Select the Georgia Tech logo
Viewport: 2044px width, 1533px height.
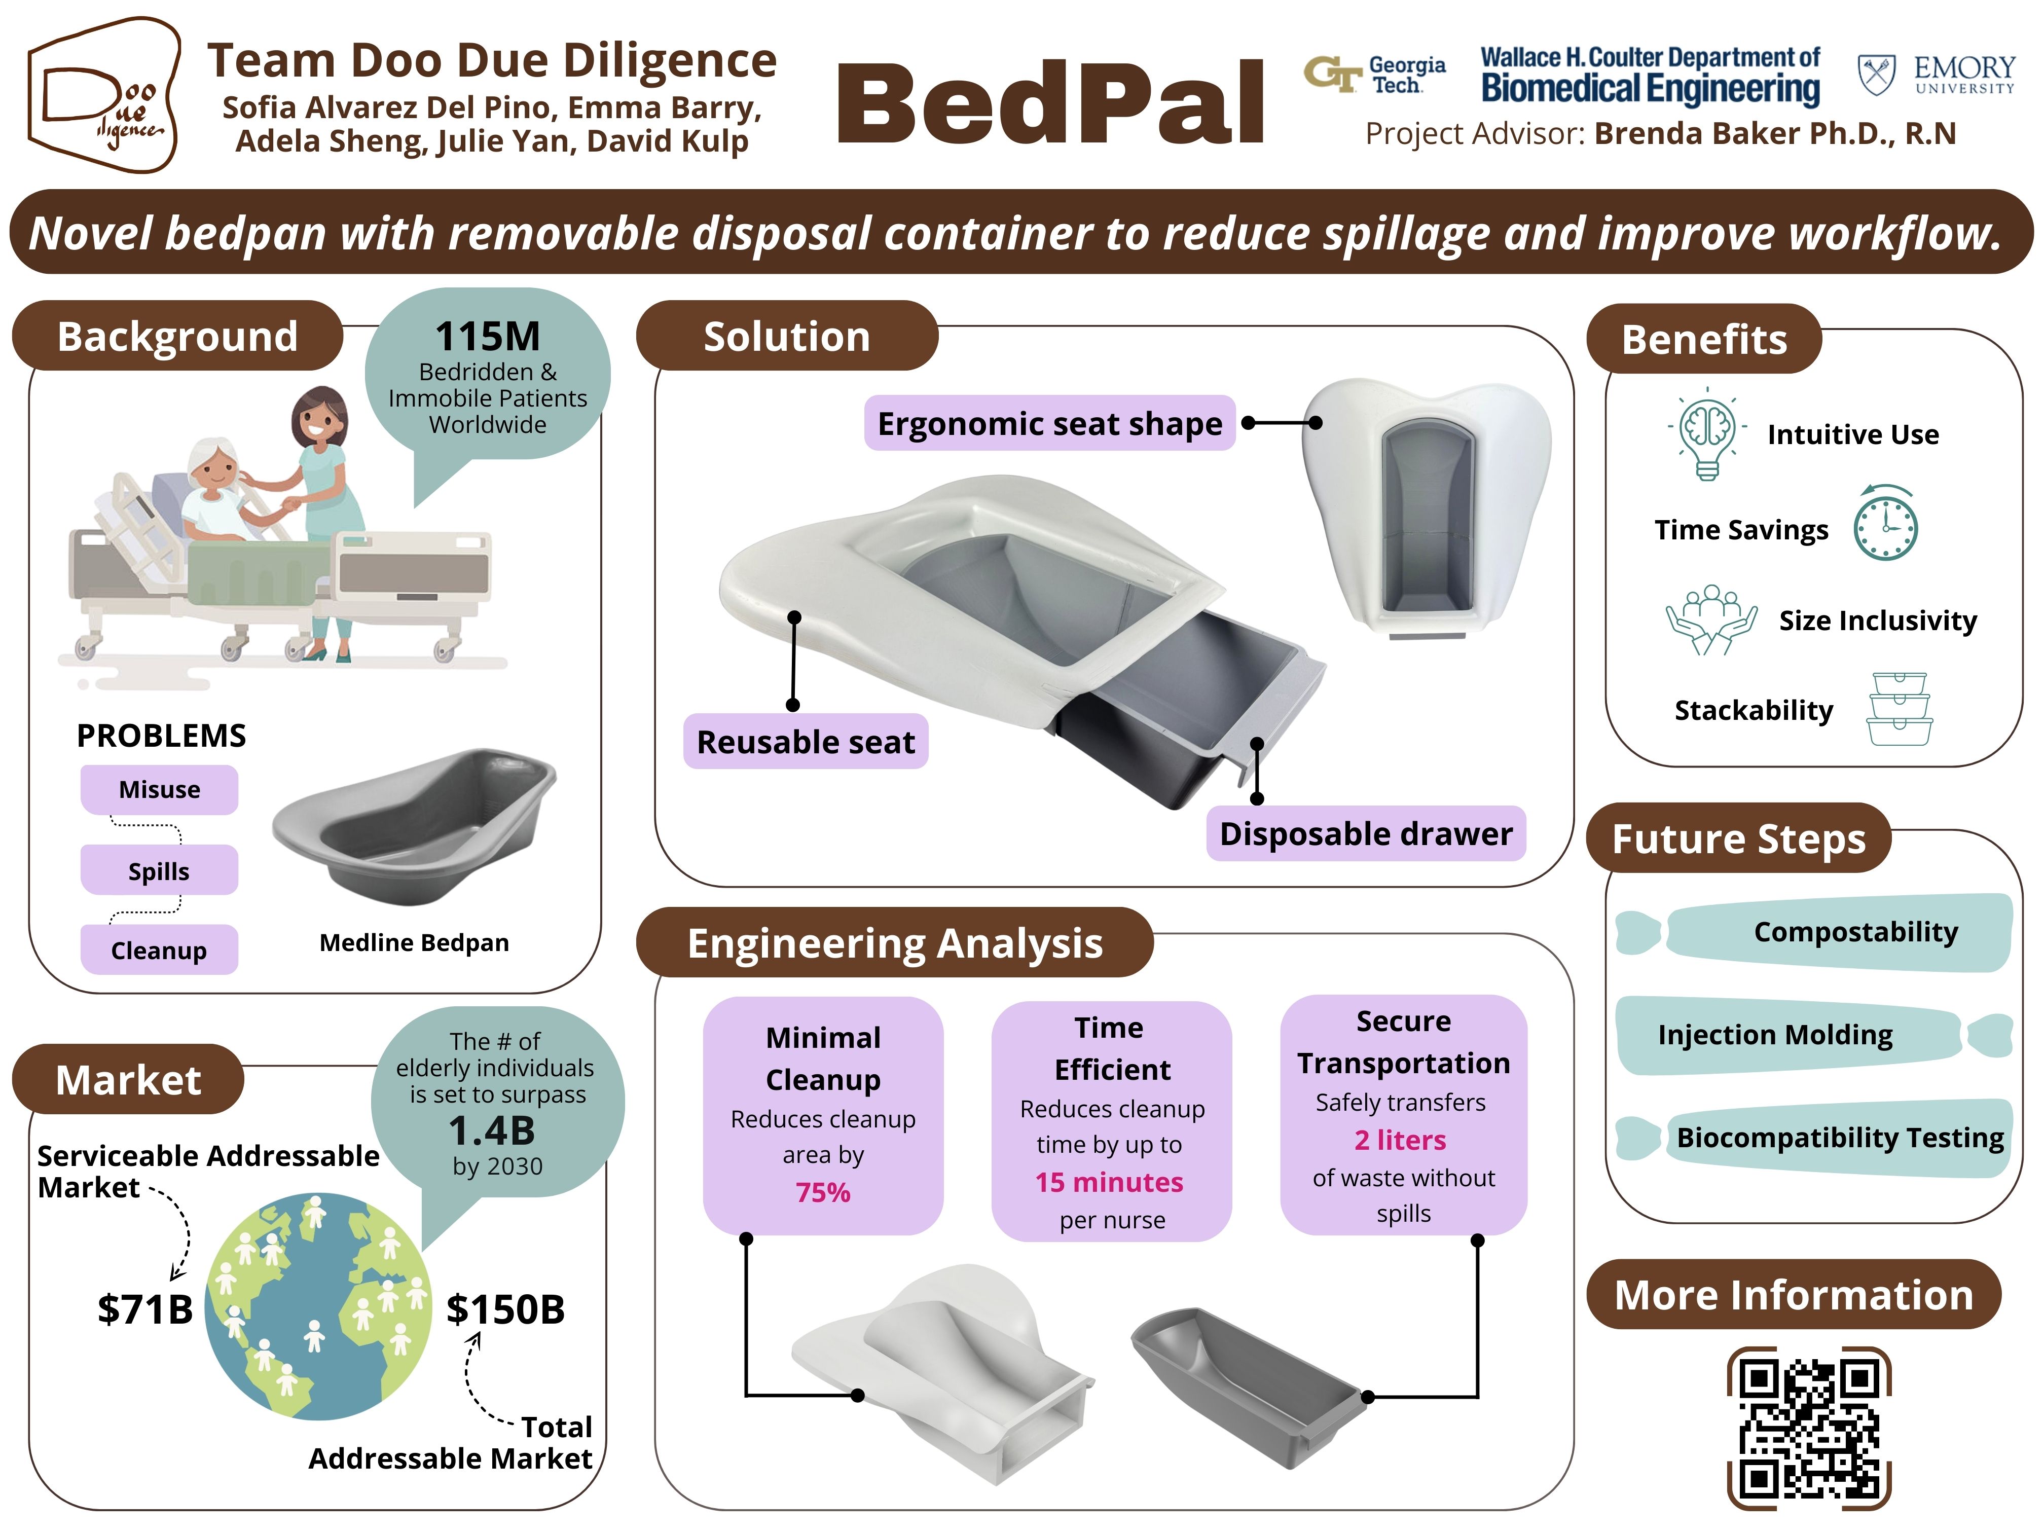click(1375, 74)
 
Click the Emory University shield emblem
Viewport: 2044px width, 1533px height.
click(1876, 74)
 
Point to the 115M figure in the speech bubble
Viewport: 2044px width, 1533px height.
click(487, 336)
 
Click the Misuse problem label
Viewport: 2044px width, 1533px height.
click(159, 789)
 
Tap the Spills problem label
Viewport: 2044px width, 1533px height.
click(159, 870)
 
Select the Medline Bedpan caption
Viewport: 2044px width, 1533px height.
click(414, 942)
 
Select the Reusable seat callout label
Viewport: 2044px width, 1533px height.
click(805, 741)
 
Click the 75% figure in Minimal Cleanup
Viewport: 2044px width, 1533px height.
click(822, 1192)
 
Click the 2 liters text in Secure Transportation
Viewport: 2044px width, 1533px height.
click(1400, 1140)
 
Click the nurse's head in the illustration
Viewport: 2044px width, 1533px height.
click(319, 420)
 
